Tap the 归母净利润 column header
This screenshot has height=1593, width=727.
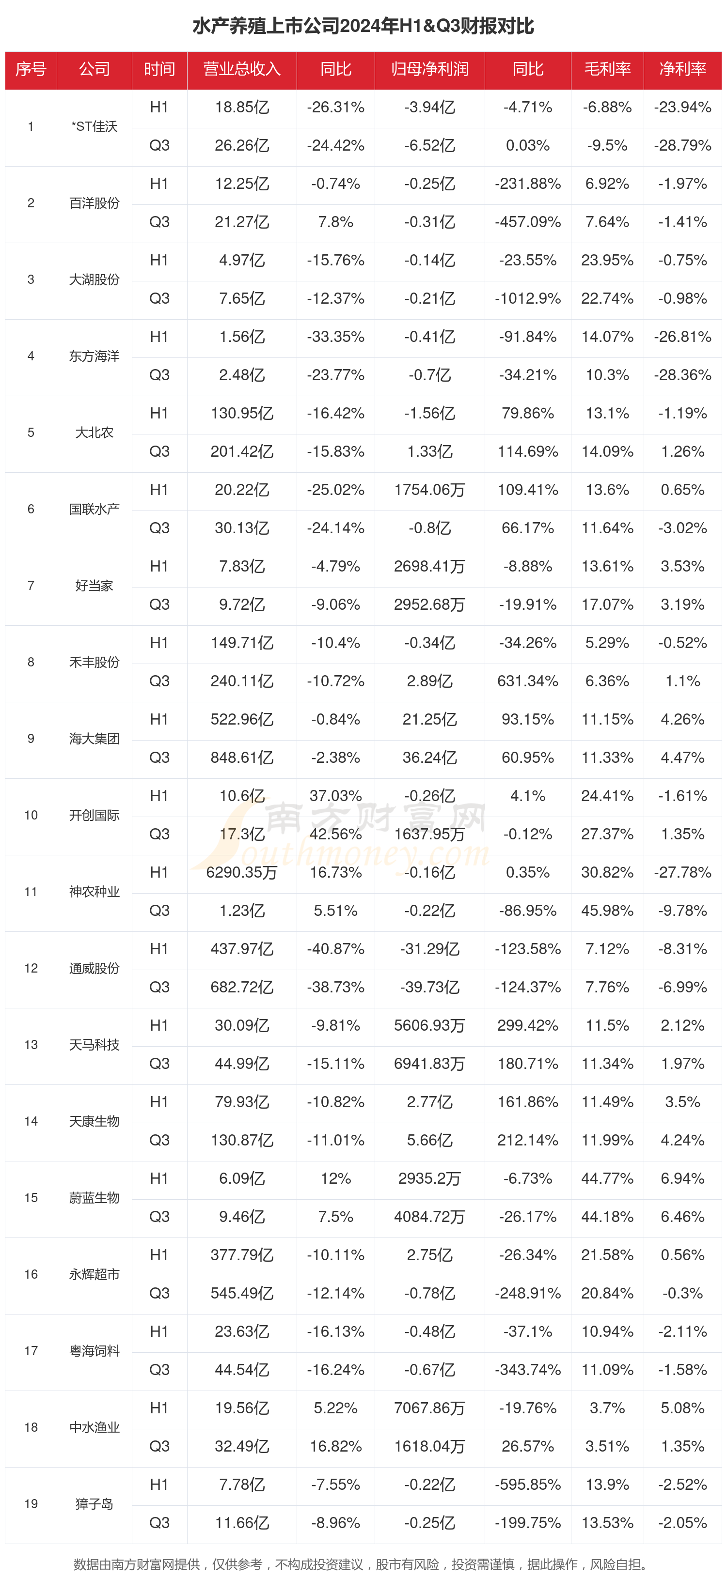(x=429, y=69)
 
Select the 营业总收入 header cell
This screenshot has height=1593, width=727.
(x=242, y=69)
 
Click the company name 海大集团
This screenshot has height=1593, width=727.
(x=94, y=738)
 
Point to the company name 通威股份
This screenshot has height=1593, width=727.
(x=94, y=968)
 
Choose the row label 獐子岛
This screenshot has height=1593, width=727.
(x=94, y=1503)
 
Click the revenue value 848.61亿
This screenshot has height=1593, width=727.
(x=242, y=758)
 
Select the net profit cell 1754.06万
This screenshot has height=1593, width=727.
(x=429, y=490)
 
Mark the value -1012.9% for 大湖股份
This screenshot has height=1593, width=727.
(x=528, y=299)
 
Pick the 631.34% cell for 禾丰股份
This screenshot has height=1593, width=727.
(x=528, y=681)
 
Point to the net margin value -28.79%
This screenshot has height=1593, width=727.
(x=682, y=146)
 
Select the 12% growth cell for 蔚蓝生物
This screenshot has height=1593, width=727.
(x=335, y=1178)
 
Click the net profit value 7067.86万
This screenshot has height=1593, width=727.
(x=429, y=1408)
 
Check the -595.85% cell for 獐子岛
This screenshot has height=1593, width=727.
(x=528, y=1484)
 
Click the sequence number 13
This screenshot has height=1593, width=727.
(x=31, y=1044)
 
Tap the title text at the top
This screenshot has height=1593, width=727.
(x=363, y=26)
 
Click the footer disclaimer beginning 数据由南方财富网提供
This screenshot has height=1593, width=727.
(x=363, y=1564)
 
